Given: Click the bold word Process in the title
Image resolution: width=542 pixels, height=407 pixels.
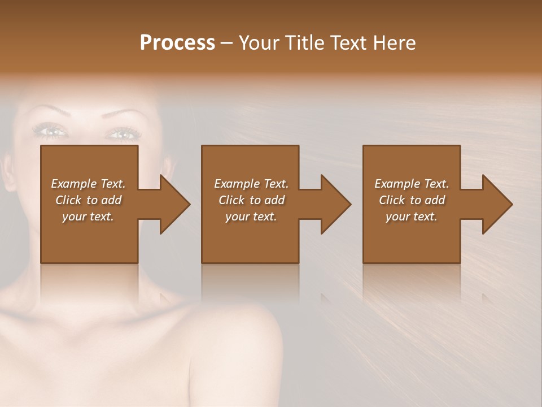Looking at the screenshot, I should click(x=177, y=42).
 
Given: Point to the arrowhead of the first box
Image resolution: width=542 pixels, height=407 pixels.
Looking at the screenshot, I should click(x=173, y=204).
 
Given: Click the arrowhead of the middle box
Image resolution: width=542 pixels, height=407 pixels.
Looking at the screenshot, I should click(x=334, y=204).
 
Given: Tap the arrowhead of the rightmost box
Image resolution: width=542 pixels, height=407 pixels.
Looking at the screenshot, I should click(x=495, y=204).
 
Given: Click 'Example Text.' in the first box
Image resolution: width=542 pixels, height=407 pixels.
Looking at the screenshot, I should click(x=88, y=184).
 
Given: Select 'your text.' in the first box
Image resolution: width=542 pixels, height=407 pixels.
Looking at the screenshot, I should click(x=88, y=217).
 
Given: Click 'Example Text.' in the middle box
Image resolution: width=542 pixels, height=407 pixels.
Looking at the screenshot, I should click(x=251, y=184).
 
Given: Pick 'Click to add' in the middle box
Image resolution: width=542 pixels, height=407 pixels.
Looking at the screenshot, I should click(x=251, y=200).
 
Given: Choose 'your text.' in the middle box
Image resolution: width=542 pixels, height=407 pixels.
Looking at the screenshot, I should click(x=251, y=217).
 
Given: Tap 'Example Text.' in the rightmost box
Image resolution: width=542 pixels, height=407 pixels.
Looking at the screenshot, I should click(x=412, y=184).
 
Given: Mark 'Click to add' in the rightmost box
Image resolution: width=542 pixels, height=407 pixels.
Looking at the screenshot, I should click(x=412, y=200).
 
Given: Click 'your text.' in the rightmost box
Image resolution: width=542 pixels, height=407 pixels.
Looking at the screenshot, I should click(x=412, y=217).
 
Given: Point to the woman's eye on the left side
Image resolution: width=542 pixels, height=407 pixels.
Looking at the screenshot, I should click(x=51, y=131).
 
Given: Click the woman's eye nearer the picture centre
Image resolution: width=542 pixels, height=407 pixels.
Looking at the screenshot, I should click(x=121, y=134).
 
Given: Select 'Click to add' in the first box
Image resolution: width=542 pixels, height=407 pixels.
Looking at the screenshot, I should click(x=88, y=200).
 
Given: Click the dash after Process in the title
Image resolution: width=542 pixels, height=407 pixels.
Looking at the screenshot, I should click(x=226, y=44).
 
